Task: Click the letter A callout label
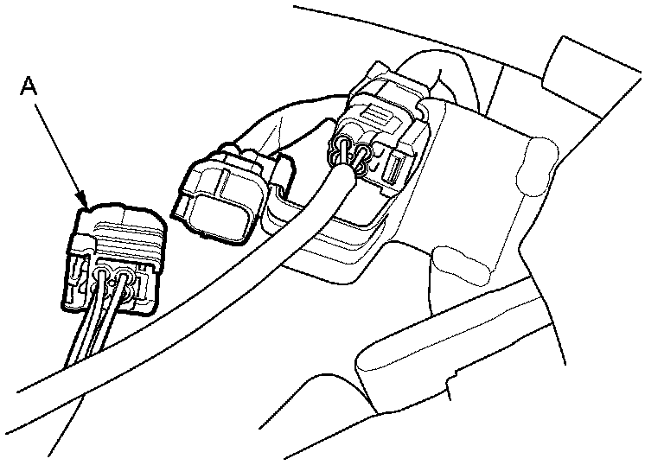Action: click(x=29, y=86)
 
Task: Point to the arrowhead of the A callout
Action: click(x=85, y=205)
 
